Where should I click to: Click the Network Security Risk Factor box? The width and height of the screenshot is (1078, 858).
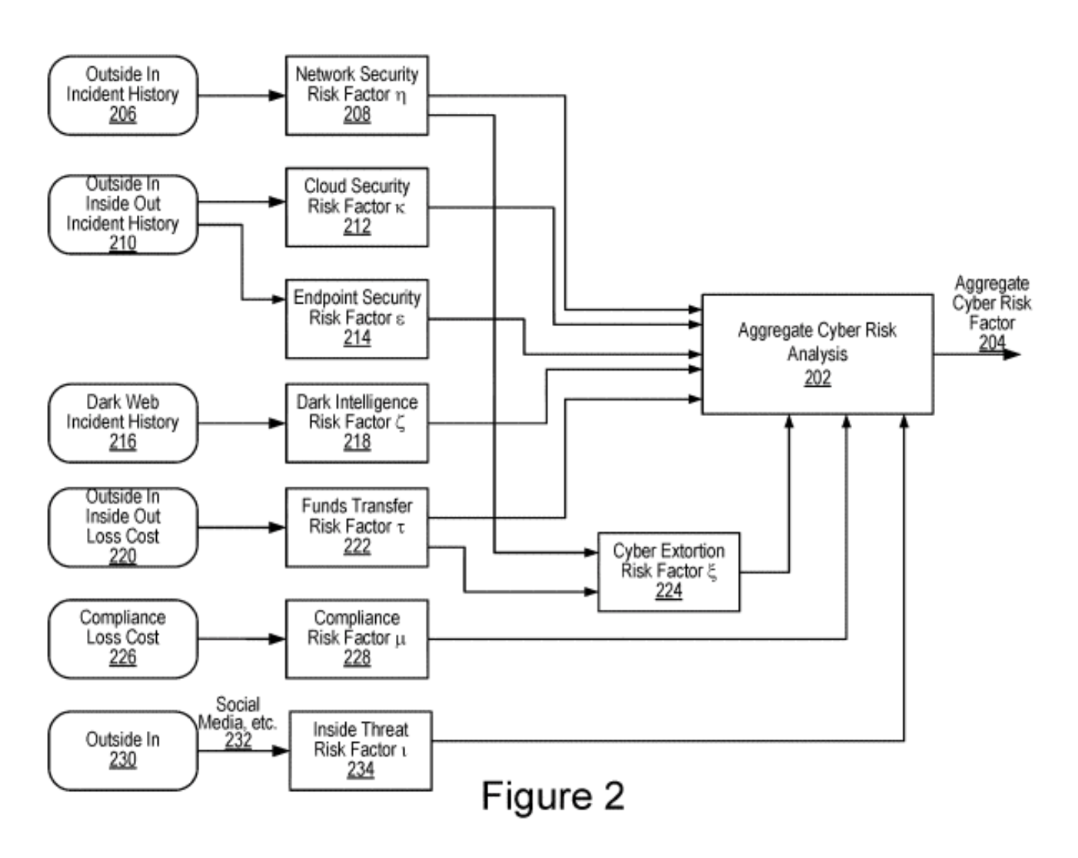(357, 95)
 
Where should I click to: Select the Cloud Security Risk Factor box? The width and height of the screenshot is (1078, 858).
(357, 207)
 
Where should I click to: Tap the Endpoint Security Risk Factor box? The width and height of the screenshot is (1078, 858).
(357, 318)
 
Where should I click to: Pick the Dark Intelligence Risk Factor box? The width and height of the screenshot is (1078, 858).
(357, 423)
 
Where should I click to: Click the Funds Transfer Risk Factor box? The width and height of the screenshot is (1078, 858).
(357, 527)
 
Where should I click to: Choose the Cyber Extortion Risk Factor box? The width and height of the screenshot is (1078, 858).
(668, 572)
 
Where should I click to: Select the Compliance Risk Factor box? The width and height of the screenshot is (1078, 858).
(357, 639)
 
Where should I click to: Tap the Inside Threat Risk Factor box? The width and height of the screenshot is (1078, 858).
(360, 750)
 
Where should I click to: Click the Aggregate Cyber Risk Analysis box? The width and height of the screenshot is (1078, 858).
(817, 354)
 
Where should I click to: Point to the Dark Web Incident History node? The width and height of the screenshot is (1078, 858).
(123, 423)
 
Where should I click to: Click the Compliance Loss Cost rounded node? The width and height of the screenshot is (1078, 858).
(123, 639)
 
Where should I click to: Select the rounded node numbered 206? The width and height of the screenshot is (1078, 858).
(123, 95)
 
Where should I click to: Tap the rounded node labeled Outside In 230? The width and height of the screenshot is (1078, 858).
(123, 750)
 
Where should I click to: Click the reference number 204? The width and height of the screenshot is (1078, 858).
(992, 343)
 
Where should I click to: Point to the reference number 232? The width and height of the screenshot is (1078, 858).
(238, 740)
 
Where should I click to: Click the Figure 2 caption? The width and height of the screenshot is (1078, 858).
(553, 796)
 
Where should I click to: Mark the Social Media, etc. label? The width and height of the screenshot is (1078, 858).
(238, 713)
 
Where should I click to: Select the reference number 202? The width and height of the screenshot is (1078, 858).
(817, 377)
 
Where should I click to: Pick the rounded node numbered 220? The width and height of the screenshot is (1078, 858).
(123, 527)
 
